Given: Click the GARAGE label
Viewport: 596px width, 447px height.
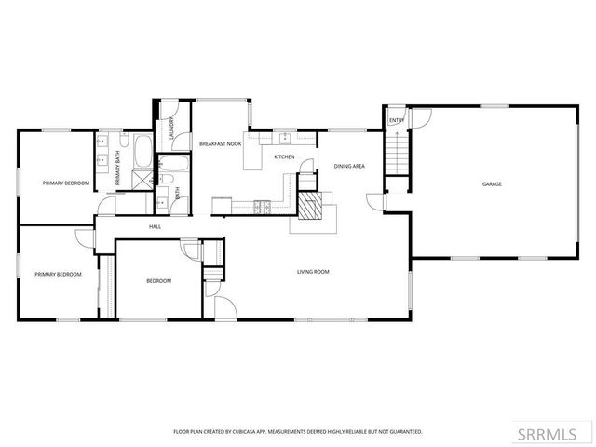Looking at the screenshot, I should click(x=492, y=184).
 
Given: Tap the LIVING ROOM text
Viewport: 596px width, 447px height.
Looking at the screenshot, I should click(x=313, y=272).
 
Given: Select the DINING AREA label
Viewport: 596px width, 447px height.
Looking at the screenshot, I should click(x=349, y=166).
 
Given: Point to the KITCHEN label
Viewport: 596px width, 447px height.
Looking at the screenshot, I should click(x=284, y=156).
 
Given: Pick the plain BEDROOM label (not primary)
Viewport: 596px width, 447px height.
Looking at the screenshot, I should click(x=158, y=280).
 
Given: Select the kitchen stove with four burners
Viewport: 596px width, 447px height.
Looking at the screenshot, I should click(x=264, y=205).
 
